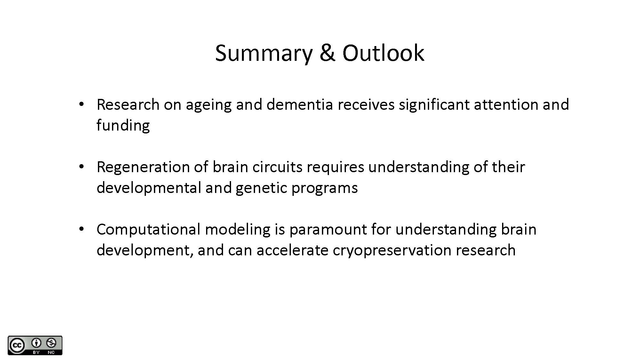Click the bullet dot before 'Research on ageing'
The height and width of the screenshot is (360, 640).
point(81,104)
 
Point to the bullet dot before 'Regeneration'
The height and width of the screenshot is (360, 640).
point(81,167)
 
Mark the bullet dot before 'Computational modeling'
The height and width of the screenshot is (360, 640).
point(81,229)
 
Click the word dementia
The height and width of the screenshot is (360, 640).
point(300,104)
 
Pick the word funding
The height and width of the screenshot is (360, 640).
point(123,125)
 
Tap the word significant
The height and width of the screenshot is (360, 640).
point(434,105)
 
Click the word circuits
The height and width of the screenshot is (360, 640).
point(277,167)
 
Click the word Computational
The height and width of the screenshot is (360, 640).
point(148,229)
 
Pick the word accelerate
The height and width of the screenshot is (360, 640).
point(292,250)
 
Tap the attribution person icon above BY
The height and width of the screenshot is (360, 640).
point(36,343)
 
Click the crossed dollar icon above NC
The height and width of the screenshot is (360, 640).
point(51,343)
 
